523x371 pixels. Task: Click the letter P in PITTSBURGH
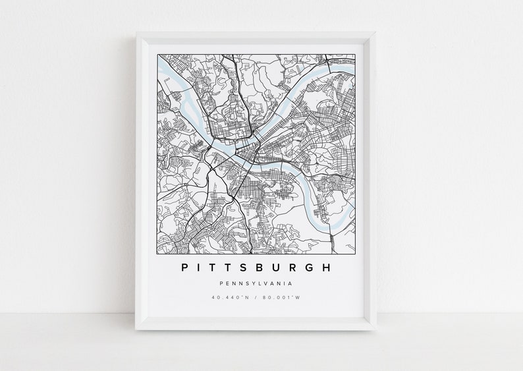click(x=183, y=268)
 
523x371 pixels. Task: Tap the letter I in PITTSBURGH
click(x=200, y=268)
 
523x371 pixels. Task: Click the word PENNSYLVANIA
click(x=256, y=284)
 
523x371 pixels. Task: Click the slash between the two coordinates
click(x=256, y=297)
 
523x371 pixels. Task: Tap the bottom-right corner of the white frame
click(x=376, y=328)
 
